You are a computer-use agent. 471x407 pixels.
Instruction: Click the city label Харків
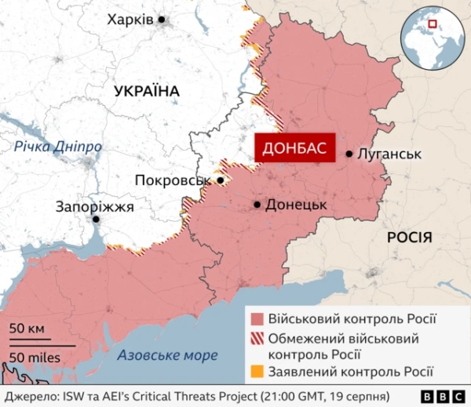click(130, 20)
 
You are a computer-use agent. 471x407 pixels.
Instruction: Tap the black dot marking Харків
click(162, 20)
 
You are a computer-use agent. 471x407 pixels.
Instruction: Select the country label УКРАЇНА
click(146, 92)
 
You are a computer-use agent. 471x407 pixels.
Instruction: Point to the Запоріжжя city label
click(95, 207)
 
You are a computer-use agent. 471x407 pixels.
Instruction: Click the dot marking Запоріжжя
click(96, 220)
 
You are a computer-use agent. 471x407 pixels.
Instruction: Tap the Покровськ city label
click(173, 180)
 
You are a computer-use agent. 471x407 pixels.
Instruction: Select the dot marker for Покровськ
click(221, 180)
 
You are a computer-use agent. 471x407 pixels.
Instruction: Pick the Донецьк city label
click(296, 205)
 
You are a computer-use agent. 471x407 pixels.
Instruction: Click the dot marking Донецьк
click(257, 205)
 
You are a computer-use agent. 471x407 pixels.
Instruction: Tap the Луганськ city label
click(389, 154)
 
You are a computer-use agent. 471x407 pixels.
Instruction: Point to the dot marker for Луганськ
click(349, 154)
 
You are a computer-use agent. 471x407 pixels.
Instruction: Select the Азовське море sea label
click(167, 355)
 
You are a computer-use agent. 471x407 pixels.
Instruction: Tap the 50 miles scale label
click(35, 357)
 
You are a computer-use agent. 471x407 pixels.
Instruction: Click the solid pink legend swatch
click(256, 320)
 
